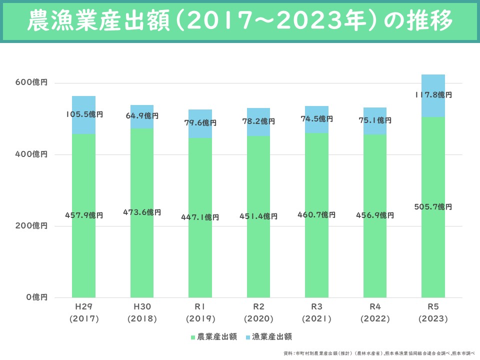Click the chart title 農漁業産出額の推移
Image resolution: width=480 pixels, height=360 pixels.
coord(240,21)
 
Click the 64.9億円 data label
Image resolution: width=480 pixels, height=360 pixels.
coord(142,116)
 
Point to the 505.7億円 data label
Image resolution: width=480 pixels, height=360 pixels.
coord(433,207)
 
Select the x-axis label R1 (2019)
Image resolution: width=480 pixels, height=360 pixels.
coord(200,312)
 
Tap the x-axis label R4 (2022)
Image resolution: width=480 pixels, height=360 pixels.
coord(375,312)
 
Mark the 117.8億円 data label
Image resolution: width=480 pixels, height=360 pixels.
coord(433,94)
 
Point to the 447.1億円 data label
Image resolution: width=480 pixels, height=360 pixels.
coord(200,217)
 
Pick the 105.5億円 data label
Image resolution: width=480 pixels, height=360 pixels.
coord(84,114)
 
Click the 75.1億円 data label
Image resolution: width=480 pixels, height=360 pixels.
coord(375,120)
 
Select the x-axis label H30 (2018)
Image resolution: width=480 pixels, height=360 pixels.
coord(142,312)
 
